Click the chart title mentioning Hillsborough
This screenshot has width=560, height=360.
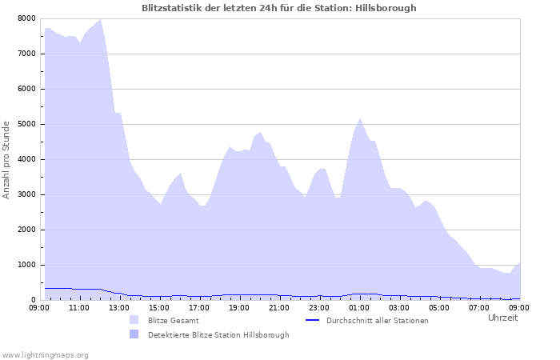point(278,8)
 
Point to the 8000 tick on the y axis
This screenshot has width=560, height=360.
point(26,18)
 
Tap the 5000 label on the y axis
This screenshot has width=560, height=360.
point(26,124)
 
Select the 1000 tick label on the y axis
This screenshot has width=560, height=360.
point(26,265)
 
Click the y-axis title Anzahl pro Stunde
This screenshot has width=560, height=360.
point(6,159)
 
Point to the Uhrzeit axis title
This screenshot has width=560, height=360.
point(502,318)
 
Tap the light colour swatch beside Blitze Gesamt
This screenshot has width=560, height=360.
point(134,320)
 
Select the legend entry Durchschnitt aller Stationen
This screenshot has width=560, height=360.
point(377,321)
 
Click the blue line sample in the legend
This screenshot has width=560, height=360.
point(314,321)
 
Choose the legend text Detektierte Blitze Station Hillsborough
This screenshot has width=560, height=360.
point(218,335)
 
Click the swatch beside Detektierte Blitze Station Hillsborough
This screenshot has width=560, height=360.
point(134,334)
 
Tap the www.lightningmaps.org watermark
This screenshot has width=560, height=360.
point(45,354)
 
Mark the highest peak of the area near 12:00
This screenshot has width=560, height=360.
point(100,19)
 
